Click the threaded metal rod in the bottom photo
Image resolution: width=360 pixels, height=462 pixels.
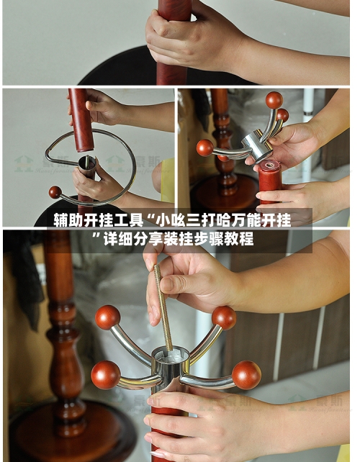(163, 309)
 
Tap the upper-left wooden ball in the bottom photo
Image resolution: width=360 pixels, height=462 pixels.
(107, 317)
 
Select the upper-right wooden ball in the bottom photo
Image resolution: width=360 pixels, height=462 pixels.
(224, 317)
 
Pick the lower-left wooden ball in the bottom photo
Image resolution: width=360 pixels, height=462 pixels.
(105, 374)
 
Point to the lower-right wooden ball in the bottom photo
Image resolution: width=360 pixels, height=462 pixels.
(246, 374)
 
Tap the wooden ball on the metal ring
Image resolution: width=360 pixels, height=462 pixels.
(55, 192)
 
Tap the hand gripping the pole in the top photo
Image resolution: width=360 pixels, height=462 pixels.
(191, 36)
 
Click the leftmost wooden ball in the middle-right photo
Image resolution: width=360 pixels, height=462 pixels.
(205, 148)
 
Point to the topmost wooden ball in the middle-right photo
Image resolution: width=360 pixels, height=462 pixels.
(274, 100)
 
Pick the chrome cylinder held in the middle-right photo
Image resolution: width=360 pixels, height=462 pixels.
(256, 145)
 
